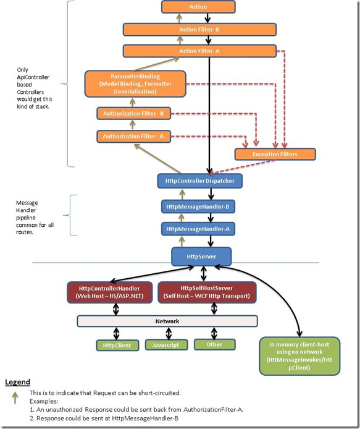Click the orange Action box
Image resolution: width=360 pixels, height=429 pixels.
coord(198,7)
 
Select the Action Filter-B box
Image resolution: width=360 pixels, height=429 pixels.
coord(199,30)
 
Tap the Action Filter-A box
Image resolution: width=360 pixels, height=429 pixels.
coord(199,51)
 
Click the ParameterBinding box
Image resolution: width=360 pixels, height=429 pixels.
coord(135,83)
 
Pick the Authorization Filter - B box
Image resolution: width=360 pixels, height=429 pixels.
coord(133,113)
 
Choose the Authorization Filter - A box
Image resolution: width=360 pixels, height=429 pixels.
coord(133,136)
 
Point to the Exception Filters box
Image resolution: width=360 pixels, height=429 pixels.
coord(275,154)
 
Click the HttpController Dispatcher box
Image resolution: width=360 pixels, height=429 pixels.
coord(200,181)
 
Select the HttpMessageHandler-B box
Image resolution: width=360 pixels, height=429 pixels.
coord(198,206)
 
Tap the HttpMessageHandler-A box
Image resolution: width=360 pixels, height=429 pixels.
coord(198,229)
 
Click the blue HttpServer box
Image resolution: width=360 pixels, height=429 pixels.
coord(201,257)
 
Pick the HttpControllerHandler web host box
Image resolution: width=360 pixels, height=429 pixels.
coord(110,292)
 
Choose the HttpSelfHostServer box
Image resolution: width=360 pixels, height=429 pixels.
coord(207,292)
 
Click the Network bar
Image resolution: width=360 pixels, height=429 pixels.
coord(167,321)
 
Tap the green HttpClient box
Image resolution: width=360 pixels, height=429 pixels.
coord(117,346)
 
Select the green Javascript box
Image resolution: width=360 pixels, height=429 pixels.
coord(166,345)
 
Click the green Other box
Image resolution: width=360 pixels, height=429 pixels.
coord(214,344)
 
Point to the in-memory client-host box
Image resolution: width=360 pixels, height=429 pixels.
coord(299,356)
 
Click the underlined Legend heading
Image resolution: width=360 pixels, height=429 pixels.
coord(17,382)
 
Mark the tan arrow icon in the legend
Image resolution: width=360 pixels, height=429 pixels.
coord(15,398)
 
